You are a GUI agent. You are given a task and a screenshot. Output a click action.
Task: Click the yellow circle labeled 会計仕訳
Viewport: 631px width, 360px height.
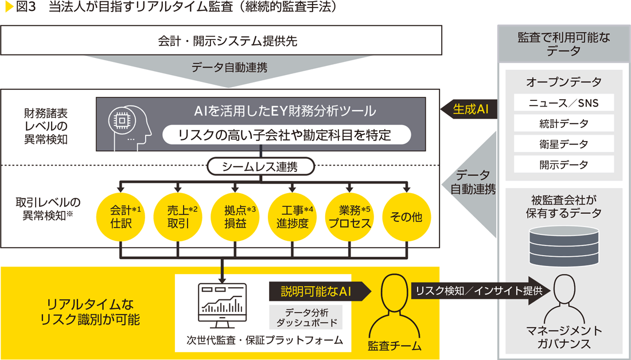[x=120, y=217]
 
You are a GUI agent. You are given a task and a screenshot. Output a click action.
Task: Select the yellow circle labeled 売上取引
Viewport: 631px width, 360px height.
[x=177, y=217]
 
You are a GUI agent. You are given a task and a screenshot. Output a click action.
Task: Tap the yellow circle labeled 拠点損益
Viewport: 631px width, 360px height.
[x=235, y=217]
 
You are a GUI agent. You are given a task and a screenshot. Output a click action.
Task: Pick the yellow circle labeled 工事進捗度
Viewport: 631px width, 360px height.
[x=292, y=217]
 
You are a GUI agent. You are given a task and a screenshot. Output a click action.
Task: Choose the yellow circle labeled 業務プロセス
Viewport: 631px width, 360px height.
[x=349, y=217]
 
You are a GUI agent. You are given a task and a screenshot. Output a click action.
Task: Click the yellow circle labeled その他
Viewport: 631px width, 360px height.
[x=406, y=217]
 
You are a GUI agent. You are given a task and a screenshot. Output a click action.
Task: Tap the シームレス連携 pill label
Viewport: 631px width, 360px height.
[x=260, y=167]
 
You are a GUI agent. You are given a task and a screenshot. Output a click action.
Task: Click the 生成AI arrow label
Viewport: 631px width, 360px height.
[x=469, y=109]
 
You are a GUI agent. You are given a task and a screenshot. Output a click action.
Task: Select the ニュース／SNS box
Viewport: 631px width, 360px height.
[x=564, y=103]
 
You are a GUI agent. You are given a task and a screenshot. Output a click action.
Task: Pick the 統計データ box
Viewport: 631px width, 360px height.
[x=564, y=123]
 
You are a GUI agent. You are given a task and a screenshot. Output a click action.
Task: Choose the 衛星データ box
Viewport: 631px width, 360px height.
[x=564, y=144]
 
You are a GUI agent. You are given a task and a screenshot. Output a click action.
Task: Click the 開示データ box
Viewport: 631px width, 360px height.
[x=564, y=165]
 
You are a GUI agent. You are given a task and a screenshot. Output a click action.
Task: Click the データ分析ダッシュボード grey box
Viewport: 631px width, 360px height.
[x=306, y=318]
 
